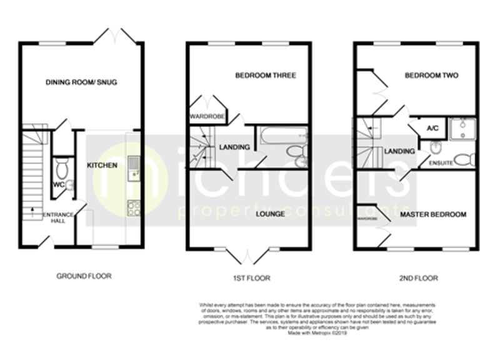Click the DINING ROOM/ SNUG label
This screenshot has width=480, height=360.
82,82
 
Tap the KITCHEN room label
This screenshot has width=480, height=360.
101,166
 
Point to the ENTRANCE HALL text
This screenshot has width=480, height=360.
58,218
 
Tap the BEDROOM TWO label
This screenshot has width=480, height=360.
431,76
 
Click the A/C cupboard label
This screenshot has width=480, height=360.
431,129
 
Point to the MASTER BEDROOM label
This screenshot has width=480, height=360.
433,214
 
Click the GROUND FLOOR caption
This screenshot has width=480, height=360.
84,276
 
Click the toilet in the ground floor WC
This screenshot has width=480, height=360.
61,167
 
